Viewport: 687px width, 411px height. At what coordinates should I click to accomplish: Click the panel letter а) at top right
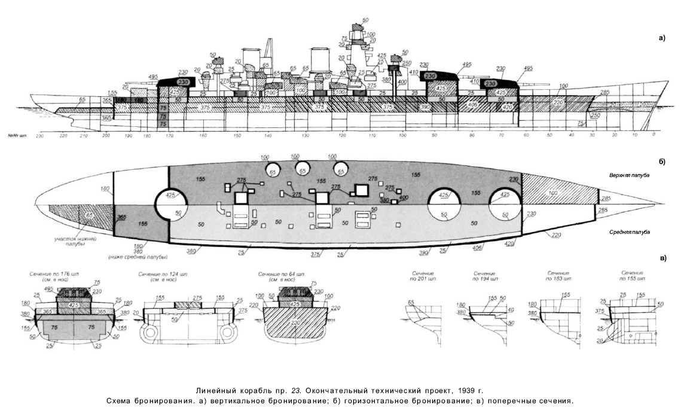click(x=661, y=37)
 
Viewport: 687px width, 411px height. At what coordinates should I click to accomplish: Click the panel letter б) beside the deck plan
click(x=661, y=162)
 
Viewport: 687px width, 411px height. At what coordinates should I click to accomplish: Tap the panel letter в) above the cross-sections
click(x=661, y=258)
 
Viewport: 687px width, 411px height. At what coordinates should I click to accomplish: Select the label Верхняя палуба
click(x=629, y=176)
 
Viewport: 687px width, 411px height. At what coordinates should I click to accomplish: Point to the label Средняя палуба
click(x=629, y=232)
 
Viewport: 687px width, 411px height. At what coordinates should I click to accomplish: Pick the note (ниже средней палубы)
click(x=133, y=257)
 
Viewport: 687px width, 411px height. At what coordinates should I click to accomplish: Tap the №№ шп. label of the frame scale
click(x=20, y=135)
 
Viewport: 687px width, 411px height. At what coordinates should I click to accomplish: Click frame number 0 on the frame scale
click(x=654, y=135)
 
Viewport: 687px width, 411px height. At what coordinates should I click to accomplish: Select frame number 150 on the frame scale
click(x=237, y=135)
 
